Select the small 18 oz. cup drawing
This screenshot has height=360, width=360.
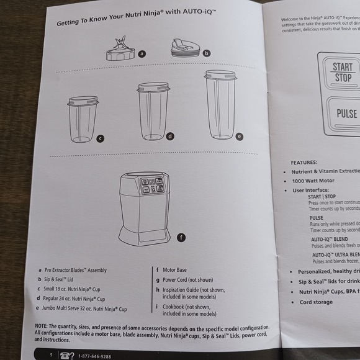(83, 119)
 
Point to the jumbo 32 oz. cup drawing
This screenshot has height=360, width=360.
(220, 104)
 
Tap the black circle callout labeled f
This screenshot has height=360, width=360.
(181, 237)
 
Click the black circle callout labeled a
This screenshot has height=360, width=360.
(142, 54)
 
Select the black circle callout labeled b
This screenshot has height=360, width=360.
(207, 54)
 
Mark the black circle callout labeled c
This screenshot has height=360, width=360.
(100, 138)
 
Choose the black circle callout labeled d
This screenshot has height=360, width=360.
(169, 136)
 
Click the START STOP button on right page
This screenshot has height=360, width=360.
(343, 73)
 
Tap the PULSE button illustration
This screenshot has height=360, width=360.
(346, 114)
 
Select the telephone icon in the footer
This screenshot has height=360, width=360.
(65, 354)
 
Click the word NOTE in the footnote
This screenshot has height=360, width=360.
(42, 327)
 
